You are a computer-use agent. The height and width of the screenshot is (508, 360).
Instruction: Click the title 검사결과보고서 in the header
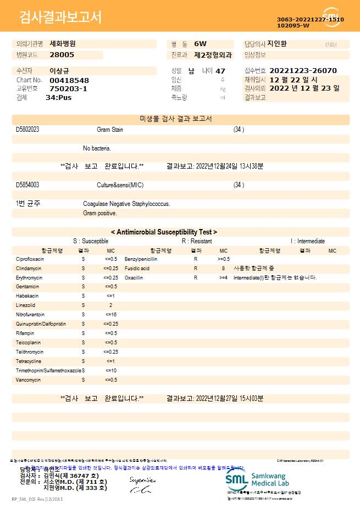(60, 18)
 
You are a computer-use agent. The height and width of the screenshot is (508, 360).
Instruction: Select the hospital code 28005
(62, 55)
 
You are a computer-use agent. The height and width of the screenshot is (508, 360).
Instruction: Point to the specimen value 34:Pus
(58, 97)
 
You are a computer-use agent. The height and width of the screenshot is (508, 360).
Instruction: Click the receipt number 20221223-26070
(303, 71)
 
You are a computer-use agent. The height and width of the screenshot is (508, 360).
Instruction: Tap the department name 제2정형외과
(213, 55)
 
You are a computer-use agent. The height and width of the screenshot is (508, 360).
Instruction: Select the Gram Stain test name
(110, 130)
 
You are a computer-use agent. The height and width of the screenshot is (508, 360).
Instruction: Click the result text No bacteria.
(97, 148)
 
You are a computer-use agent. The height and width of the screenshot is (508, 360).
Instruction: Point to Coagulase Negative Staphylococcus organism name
(126, 204)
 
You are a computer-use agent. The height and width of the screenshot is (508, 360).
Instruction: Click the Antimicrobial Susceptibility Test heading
(164, 232)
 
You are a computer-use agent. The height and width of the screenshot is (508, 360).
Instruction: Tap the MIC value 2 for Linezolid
(110, 305)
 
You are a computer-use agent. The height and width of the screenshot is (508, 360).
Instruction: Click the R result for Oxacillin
(195, 277)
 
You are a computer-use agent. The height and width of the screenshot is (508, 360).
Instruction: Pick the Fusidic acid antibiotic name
(137, 268)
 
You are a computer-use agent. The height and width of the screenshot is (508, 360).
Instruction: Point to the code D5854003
(27, 185)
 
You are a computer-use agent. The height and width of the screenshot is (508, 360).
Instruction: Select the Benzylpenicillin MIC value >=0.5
(224, 259)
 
